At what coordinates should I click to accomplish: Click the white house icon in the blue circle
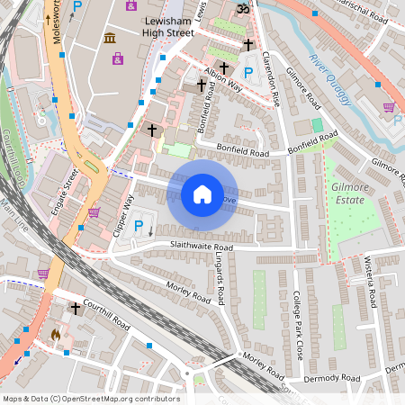click(202, 193)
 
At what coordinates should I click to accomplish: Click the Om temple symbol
click(240, 9)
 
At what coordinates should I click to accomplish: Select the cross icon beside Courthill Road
click(76, 309)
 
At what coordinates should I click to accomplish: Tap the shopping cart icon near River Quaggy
click(389, 106)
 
